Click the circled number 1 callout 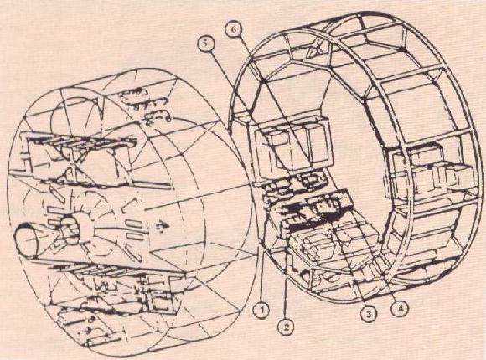pyautogui.click(x=261, y=310)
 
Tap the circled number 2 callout pyautogui.click(x=286, y=327)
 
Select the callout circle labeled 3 pyautogui.click(x=369, y=314)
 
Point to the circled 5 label pyautogui.click(x=205, y=44)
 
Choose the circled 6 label pyautogui.click(x=235, y=30)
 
